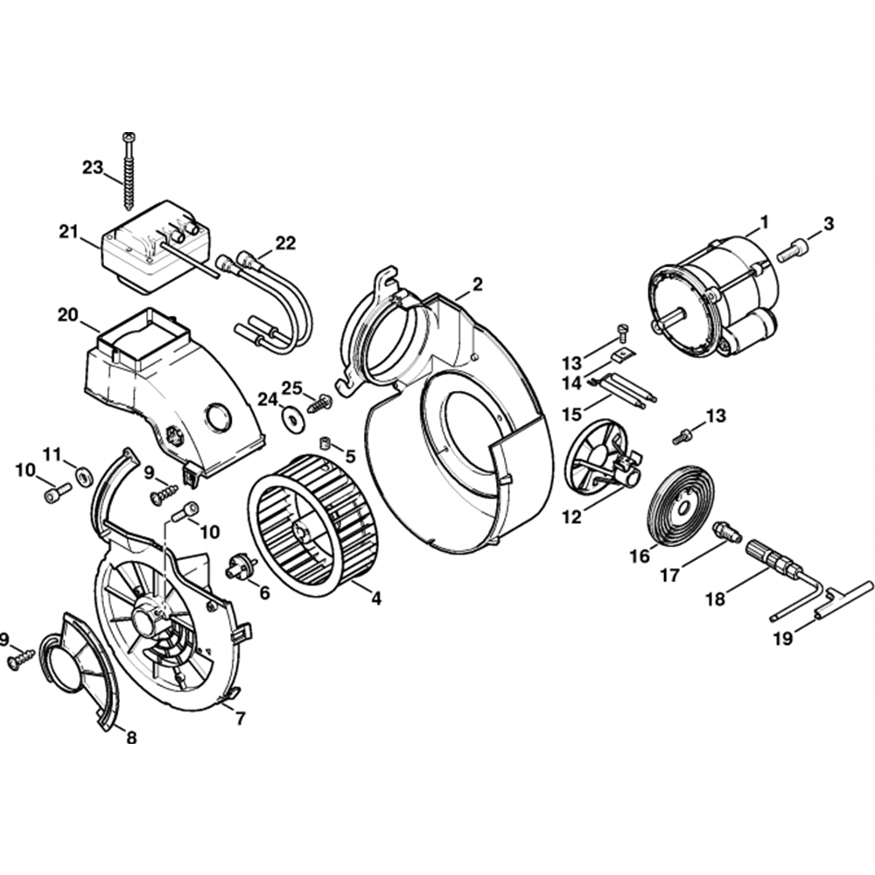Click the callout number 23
point(94,167)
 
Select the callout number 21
point(69,232)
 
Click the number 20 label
point(68,314)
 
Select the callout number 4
point(375,598)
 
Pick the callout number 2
point(477,283)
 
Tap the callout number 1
point(764,223)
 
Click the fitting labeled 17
point(726,530)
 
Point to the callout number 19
point(782,639)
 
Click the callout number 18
point(716,600)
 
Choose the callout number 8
point(131,737)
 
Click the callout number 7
point(240,719)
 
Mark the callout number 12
point(571,517)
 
